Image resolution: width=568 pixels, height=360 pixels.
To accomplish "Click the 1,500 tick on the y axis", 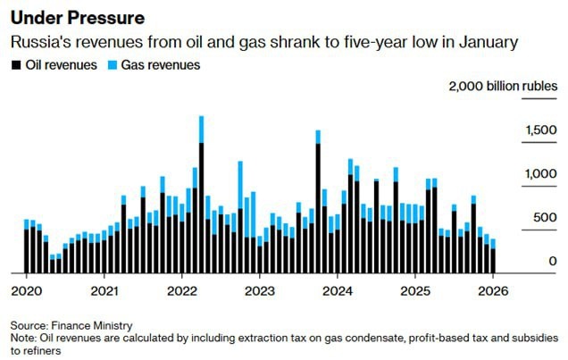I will point(540,131).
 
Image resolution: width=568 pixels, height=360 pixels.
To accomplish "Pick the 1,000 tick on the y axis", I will point(540,174).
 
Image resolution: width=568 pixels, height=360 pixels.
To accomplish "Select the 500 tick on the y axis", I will point(545,217).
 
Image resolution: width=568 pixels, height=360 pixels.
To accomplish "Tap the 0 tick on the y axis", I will point(553,261).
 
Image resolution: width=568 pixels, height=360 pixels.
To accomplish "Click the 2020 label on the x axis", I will point(27,290).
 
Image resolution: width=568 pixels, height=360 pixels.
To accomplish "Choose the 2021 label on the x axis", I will point(104,290).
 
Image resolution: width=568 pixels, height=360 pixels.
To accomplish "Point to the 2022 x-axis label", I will point(182,290).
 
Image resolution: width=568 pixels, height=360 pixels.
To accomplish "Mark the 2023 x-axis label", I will point(260,290).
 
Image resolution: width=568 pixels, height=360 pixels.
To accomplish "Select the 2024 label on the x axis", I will point(338,290).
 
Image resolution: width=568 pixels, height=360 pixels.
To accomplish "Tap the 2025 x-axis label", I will point(415,290).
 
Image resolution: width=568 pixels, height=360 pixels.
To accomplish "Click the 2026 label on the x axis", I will point(493,290).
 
